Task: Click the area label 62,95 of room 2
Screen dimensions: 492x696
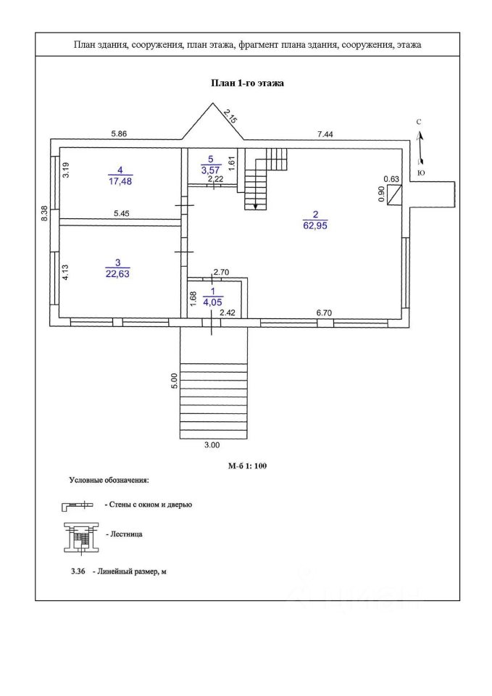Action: pos(315,225)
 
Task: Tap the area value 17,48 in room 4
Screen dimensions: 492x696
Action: pos(120,181)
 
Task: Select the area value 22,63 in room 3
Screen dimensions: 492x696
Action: pos(117,274)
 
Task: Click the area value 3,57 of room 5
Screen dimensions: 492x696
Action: pos(211,170)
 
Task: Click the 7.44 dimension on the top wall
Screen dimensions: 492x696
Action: pos(325,133)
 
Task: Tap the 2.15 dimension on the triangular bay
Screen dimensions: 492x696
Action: pos(230,115)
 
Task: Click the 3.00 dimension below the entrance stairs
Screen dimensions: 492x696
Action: pos(212,445)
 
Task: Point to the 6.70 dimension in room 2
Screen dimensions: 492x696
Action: pos(325,313)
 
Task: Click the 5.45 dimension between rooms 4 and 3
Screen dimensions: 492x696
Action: pos(121,213)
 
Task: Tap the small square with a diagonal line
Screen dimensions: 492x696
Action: pos(394,195)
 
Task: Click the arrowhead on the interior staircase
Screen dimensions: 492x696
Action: pos(256,206)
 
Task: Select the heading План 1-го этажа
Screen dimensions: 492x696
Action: pos(246,83)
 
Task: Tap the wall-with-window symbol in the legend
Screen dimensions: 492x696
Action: pos(78,505)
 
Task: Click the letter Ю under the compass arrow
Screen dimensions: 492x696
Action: pos(421,173)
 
